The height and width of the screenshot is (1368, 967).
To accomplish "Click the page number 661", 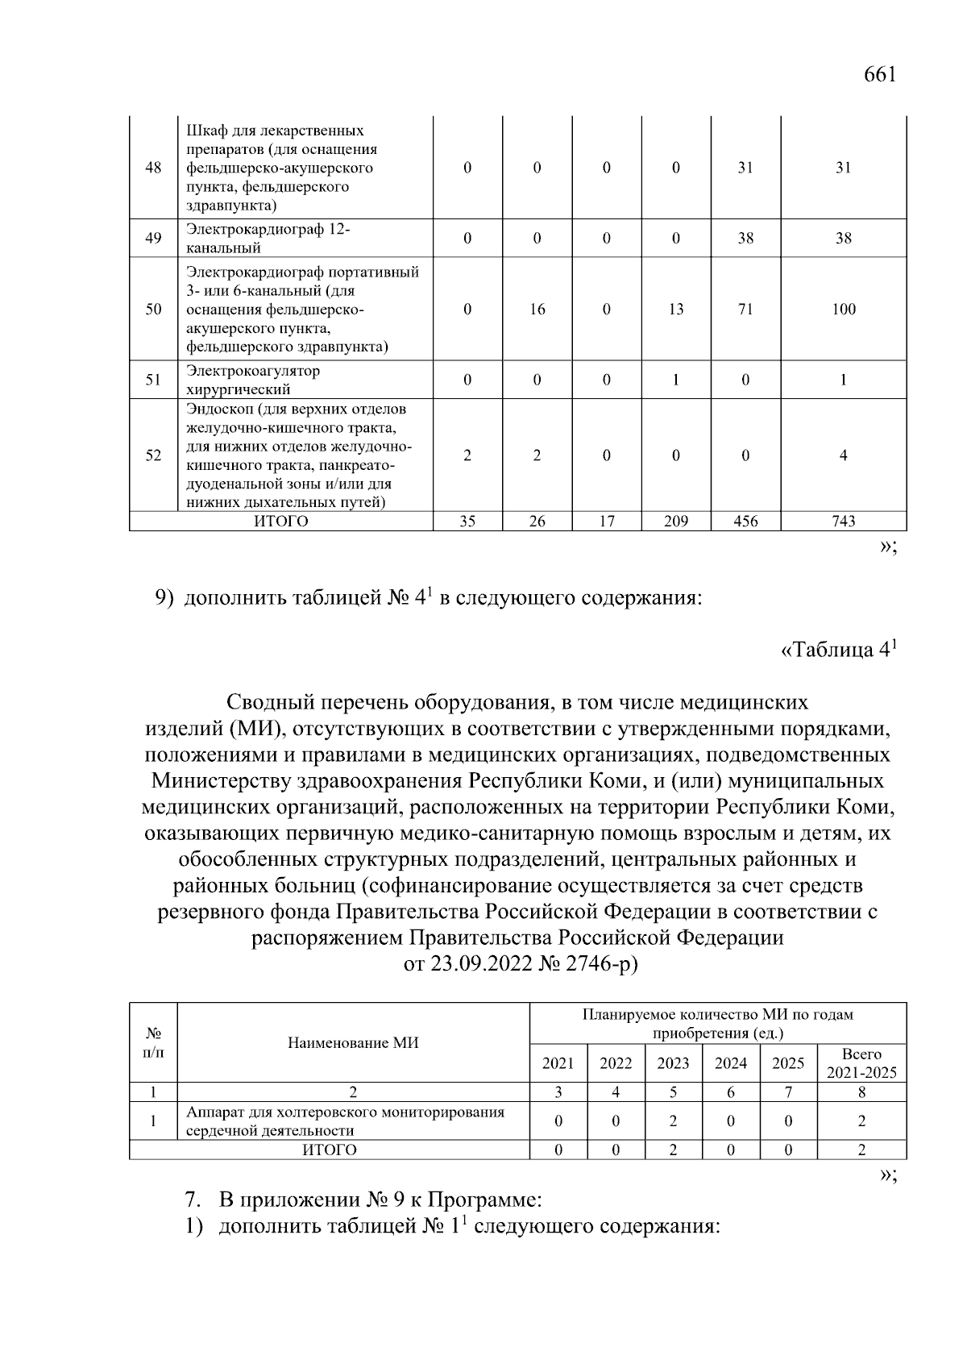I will click(879, 75).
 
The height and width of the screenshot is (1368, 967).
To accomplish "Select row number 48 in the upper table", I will click(153, 168).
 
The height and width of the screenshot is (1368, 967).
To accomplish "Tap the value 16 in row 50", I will click(537, 310).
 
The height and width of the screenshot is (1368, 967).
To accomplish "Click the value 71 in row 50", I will click(745, 310).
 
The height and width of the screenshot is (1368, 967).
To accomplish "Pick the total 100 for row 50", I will click(843, 310).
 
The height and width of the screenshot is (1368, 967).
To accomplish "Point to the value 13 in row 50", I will click(675, 310).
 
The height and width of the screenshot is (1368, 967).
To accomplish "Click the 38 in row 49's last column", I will click(843, 239).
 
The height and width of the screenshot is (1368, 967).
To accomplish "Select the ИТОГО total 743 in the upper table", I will click(843, 522).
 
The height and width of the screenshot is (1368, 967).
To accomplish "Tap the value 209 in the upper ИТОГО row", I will click(675, 522).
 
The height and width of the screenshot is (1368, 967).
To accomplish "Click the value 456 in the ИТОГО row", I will click(745, 522).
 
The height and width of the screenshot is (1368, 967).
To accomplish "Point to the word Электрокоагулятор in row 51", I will click(253, 371).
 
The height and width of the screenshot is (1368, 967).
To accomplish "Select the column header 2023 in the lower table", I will click(673, 1063).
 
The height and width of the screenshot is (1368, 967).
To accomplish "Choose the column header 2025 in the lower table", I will click(788, 1063).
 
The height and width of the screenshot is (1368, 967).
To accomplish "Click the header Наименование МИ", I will click(353, 1043).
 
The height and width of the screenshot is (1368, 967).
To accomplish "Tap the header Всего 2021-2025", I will click(861, 1063).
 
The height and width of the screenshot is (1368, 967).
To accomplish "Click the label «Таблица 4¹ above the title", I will click(839, 650).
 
